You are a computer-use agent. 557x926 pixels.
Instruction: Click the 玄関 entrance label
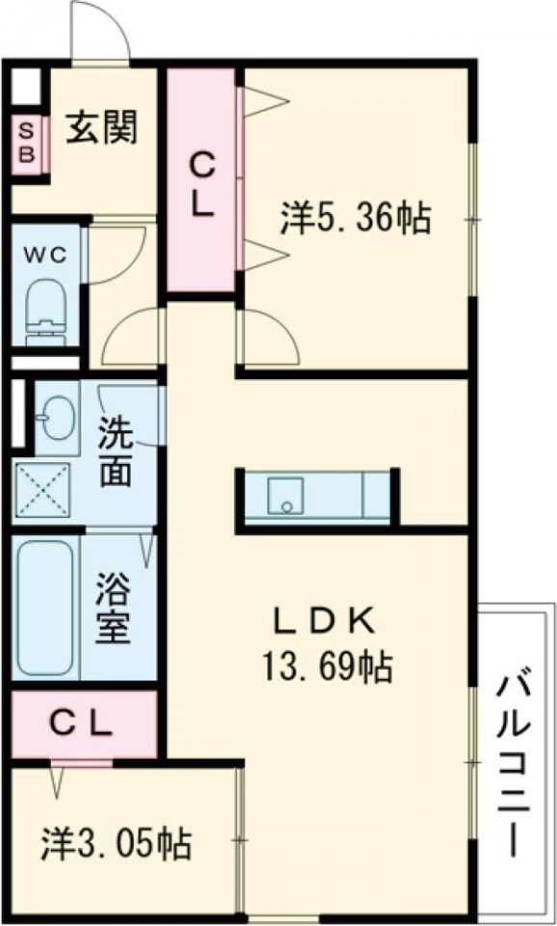(x=100, y=126)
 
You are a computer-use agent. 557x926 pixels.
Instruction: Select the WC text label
(x=43, y=255)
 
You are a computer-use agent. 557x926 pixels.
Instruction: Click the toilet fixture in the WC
(x=44, y=309)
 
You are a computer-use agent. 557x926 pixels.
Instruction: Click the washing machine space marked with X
(x=41, y=490)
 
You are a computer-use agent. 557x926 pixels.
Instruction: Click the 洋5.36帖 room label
(x=355, y=220)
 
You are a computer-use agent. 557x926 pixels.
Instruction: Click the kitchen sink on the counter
(x=284, y=495)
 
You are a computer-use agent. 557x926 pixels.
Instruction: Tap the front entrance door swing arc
(x=100, y=29)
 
